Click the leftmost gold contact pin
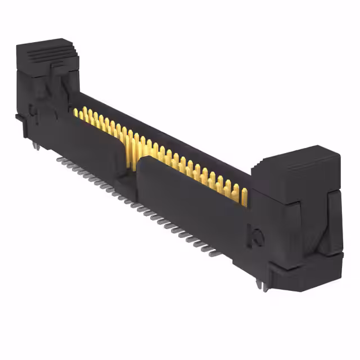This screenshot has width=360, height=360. point(75,112)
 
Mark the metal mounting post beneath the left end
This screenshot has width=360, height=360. point(35,147)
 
